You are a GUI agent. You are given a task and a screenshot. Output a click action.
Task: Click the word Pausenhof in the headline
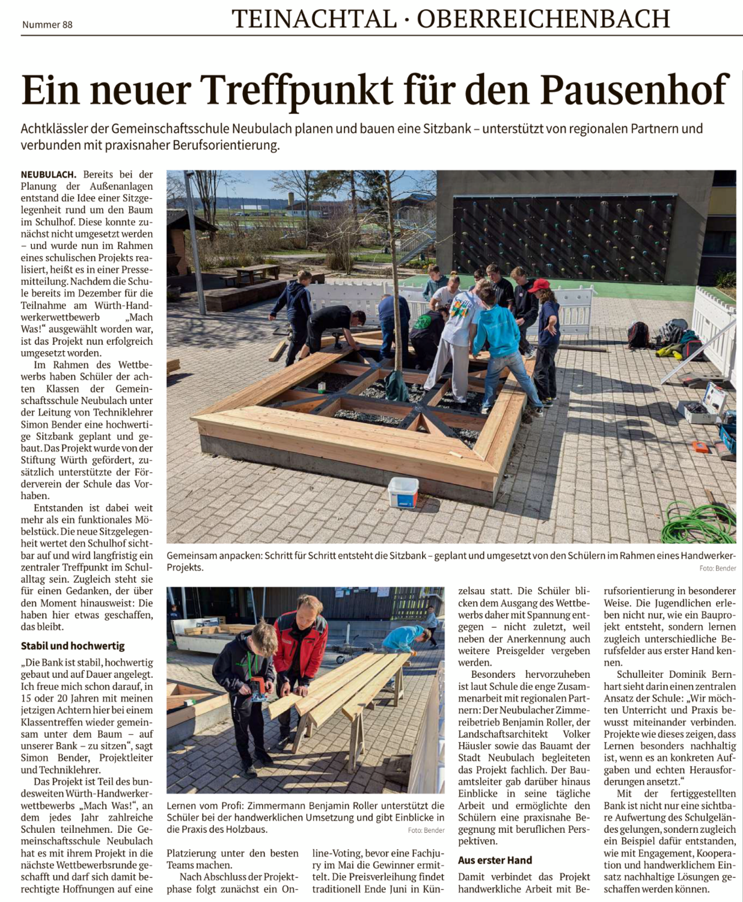635,90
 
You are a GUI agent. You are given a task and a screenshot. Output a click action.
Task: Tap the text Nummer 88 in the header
47,25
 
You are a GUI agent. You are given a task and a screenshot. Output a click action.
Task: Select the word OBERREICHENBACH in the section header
543,19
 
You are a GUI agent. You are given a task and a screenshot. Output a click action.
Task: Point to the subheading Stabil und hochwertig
73,646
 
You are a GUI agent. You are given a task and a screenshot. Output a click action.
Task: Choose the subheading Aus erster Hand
495,860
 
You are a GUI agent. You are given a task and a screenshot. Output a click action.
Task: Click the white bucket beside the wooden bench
403,492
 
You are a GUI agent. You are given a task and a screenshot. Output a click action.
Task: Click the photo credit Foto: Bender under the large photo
717,568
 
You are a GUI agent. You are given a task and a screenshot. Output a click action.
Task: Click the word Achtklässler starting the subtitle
55,129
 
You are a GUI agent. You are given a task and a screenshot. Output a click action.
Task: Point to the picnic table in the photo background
257,272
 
